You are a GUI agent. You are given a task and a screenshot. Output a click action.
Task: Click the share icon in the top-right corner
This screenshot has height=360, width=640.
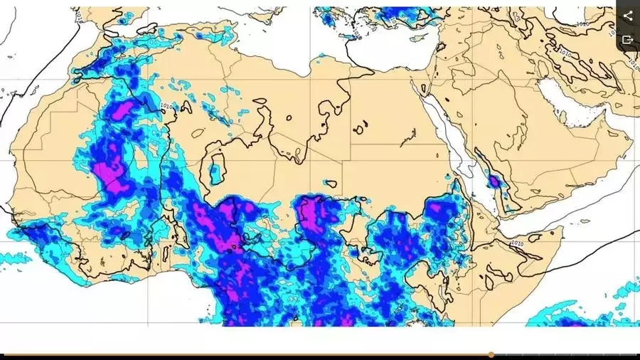coord(628,15)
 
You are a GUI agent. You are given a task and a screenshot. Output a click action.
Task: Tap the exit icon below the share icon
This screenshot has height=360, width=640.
coord(628,40)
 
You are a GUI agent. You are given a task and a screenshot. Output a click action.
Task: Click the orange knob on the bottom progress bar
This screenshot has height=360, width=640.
coord(491,354)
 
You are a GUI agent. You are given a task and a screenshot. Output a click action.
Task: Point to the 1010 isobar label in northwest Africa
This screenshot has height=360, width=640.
coord(166,107)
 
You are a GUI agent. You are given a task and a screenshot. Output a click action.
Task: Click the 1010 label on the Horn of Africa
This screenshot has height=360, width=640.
coord(517,243)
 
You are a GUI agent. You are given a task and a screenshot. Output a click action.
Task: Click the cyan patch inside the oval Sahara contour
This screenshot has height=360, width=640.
coord(214,171)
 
